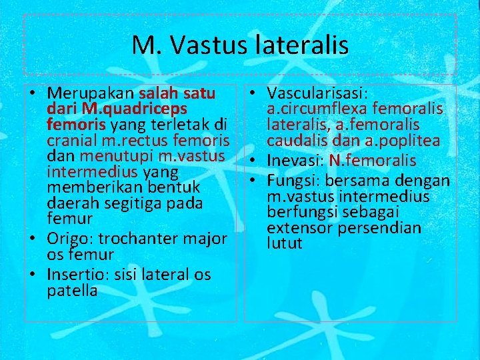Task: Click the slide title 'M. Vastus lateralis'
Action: pyautogui.click(x=240, y=45)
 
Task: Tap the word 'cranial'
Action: pyautogui.click(x=71, y=141)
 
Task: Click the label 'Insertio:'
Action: pyautogui.click(x=77, y=275)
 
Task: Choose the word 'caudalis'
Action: pyautogui.click(x=297, y=141)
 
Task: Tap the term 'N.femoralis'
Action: pyautogui.click(x=373, y=161)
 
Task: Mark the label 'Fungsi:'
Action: pyautogui.click(x=293, y=181)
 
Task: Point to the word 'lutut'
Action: pyautogui.click(x=285, y=244)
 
